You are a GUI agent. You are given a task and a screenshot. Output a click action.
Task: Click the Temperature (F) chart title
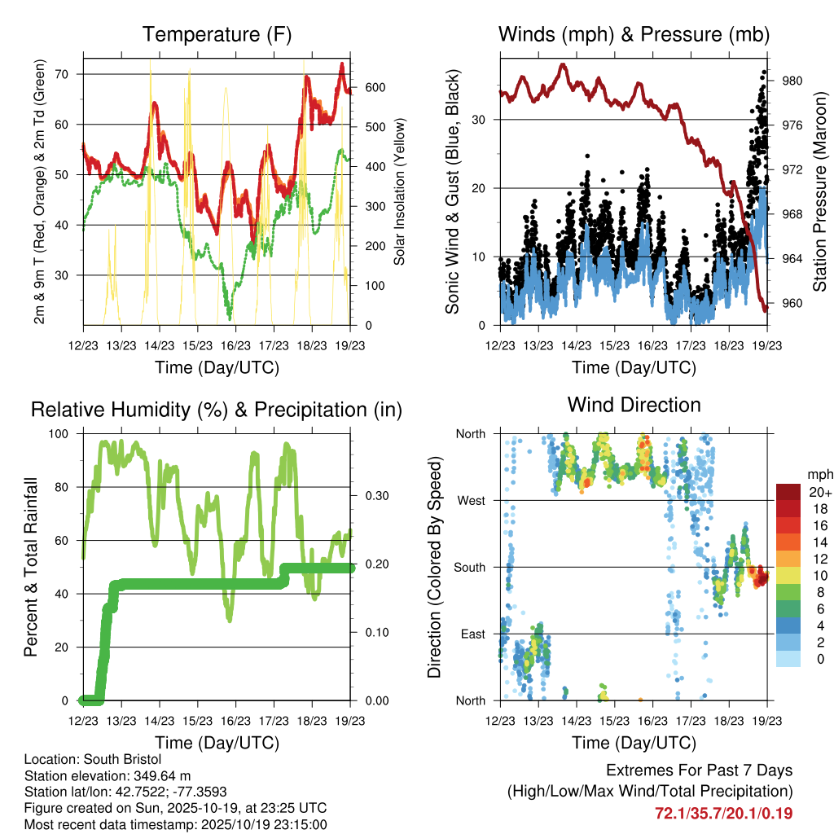pos(217,35)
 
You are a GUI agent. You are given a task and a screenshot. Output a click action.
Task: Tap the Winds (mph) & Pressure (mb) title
pos(634,35)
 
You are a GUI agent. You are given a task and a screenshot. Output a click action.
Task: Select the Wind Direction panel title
pos(634,405)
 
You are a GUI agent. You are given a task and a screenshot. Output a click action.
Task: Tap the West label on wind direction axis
pos(470,500)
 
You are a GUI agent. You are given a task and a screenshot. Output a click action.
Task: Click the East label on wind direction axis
pos(471,634)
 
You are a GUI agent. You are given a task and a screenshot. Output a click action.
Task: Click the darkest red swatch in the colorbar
pos(788,492)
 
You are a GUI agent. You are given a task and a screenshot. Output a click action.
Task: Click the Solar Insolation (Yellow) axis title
pos(399,191)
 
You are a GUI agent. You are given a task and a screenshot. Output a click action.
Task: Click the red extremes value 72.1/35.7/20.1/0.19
pos(723,813)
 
